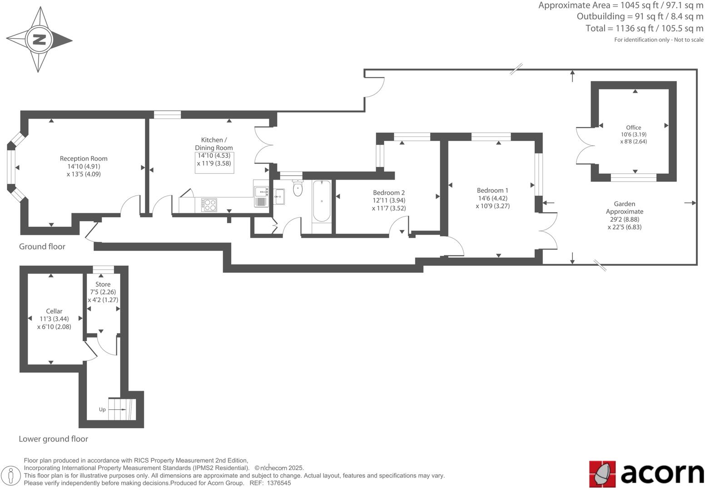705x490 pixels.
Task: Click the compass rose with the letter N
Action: [39, 40]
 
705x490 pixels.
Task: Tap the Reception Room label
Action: [84, 159]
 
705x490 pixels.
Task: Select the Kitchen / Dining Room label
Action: [213, 144]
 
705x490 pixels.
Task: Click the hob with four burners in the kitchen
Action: [209, 205]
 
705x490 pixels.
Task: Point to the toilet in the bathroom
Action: [298, 189]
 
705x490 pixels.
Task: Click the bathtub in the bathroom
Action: [322, 201]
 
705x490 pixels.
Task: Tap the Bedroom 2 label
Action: [388, 193]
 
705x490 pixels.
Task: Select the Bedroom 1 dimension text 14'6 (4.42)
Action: [492, 198]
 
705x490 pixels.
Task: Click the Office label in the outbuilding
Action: [633, 127]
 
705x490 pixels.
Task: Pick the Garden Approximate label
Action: [625, 208]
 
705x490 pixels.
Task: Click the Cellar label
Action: [54, 311]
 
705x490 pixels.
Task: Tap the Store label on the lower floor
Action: [103, 284]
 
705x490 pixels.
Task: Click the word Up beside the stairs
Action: [102, 410]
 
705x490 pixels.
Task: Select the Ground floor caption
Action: [42, 247]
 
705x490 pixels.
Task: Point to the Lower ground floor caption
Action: [53, 439]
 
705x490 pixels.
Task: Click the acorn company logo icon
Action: [602, 474]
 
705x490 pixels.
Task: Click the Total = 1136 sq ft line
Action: [644, 28]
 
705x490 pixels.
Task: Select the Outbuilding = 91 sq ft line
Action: [640, 16]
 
